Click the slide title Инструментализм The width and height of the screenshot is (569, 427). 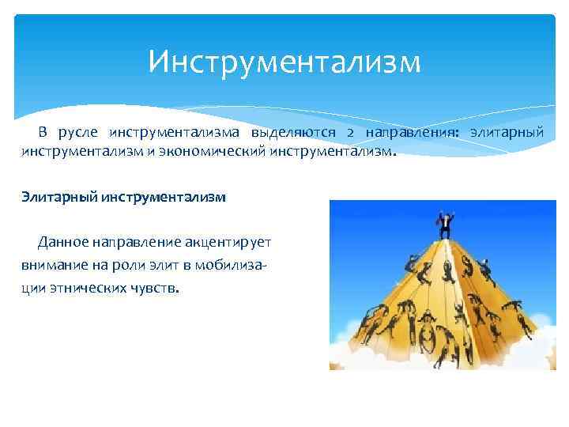[x=284, y=62]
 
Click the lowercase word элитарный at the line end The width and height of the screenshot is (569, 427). [x=507, y=131]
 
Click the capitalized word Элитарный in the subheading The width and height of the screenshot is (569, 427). [x=59, y=197]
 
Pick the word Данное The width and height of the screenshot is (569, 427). [x=63, y=240]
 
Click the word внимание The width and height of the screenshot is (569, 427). [x=52, y=264]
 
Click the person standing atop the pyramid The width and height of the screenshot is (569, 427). [x=445, y=224]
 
